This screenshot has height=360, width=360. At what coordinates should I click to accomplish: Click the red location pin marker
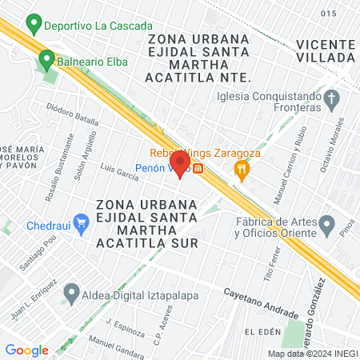tap(179, 164)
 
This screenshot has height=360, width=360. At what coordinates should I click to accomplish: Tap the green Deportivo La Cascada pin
tap(34, 24)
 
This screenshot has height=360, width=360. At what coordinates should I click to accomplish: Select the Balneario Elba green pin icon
tap(47, 58)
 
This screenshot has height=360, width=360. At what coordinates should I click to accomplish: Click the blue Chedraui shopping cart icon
tap(80, 222)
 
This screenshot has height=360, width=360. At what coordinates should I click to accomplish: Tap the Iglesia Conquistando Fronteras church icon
tap(334, 99)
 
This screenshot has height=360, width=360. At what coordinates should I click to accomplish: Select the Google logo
tap(26, 350)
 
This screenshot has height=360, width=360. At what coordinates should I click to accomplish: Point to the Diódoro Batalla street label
tap(72, 114)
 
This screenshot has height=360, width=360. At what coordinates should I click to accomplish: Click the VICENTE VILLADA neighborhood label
tap(325, 50)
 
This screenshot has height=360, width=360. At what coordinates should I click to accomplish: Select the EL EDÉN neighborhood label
tap(261, 331)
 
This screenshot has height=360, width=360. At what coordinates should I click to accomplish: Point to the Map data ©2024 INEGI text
tap(313, 353)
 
